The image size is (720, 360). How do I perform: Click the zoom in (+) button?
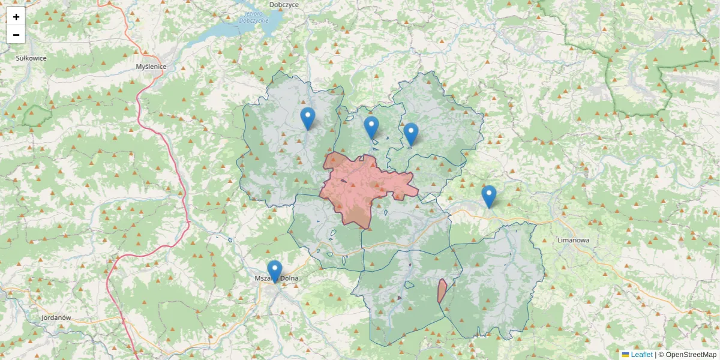pyautogui.click(x=16, y=16)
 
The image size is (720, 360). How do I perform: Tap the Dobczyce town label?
pyautogui.click(x=284, y=5)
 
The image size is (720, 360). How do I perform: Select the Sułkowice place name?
pyautogui.click(x=31, y=58)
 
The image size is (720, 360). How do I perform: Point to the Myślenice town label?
pyautogui.click(x=151, y=67)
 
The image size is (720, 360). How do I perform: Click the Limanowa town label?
pyautogui.click(x=573, y=240)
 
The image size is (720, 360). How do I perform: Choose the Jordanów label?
pyautogui.click(x=56, y=317)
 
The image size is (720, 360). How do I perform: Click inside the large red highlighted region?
pyautogui.click(x=360, y=186)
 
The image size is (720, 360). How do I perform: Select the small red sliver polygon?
pyautogui.click(x=442, y=291)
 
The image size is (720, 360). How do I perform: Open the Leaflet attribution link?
pyautogui.click(x=641, y=355)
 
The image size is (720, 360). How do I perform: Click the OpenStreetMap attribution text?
pyautogui.click(x=691, y=355)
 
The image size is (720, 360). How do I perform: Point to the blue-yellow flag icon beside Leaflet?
pyautogui.click(x=625, y=355)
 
